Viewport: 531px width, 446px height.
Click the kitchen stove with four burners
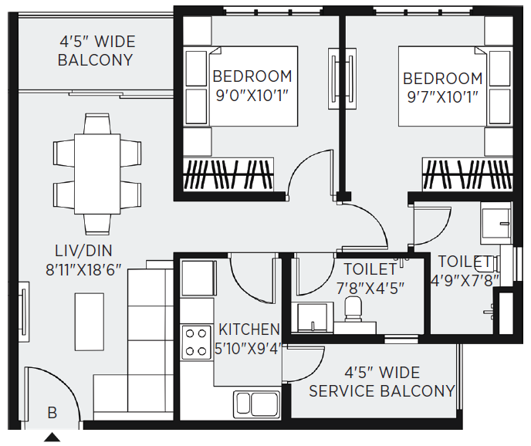pyautogui.click(x=194, y=342)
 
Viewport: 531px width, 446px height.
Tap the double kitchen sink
pyautogui.click(x=256, y=404)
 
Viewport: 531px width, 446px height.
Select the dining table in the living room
pyautogui.click(x=97, y=174)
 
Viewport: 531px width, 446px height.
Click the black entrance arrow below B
pyautogui.click(x=52, y=438)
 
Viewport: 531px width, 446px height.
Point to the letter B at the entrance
pyautogui.click(x=52, y=413)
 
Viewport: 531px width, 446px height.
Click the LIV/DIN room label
pyautogui.click(x=83, y=251)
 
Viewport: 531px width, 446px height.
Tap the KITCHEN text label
pyautogui.click(x=249, y=329)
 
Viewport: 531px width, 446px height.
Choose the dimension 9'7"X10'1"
pyautogui.click(x=442, y=98)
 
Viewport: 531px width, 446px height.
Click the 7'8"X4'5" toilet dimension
pyautogui.click(x=370, y=289)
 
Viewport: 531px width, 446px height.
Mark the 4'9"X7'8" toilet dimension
pyautogui.click(x=465, y=280)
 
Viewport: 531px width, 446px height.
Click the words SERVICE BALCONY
pyautogui.click(x=382, y=391)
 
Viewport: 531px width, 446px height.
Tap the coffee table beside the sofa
pyautogui.click(x=90, y=322)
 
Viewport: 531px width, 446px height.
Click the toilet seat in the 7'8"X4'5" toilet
pyautogui.click(x=353, y=309)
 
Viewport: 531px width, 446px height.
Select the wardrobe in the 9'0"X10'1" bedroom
pyautogui.click(x=228, y=174)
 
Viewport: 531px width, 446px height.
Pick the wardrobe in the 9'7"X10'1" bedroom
pyautogui.click(x=468, y=174)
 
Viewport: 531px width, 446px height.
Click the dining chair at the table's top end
pyautogui.click(x=96, y=124)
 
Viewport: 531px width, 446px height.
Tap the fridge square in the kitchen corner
pyautogui.click(x=198, y=279)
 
